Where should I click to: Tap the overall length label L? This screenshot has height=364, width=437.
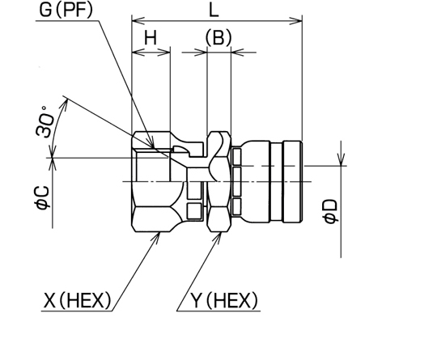tap(214, 11)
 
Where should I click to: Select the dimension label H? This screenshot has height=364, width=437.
tap(151, 37)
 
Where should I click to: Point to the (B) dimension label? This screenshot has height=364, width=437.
tap(218, 37)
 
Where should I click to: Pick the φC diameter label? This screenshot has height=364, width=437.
tap(42, 197)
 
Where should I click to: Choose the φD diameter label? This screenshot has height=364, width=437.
tap(330, 211)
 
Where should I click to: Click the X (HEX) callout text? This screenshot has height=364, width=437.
tap(78, 300)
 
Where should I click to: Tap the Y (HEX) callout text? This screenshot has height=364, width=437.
tap(224, 300)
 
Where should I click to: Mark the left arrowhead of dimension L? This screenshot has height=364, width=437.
tap(138, 20)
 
